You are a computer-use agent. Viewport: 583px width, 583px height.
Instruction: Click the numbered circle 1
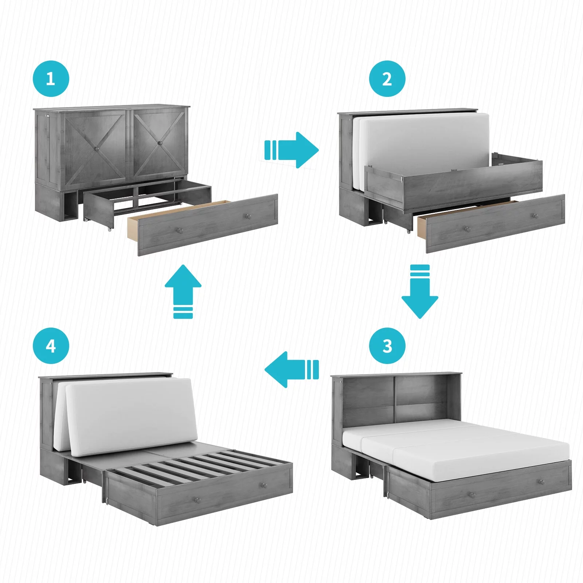tap(51, 79)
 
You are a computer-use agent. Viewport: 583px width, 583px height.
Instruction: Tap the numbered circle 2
tap(387, 79)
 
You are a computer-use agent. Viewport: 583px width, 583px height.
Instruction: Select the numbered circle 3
tap(387, 346)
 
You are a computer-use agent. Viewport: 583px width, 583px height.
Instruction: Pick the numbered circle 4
tap(51, 346)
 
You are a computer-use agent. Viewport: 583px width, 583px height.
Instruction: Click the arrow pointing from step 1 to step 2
tap(291, 150)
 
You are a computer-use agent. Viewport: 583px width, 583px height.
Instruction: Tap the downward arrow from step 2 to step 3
tap(420, 291)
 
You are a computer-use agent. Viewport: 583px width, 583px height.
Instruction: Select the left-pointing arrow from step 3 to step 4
tap(291, 369)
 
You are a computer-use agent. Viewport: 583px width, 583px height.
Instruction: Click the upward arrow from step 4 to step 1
tap(183, 291)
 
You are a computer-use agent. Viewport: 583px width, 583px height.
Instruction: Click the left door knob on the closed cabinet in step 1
tap(97, 149)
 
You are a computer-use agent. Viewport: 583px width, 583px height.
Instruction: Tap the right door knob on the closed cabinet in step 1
tap(160, 143)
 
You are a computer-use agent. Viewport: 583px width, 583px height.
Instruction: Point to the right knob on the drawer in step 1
tap(248, 216)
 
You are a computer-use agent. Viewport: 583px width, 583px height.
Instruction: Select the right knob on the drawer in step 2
tap(535, 216)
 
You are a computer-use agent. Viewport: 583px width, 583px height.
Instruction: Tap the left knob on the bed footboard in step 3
tap(472, 496)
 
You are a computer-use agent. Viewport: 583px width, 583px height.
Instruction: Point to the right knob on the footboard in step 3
tap(541, 482)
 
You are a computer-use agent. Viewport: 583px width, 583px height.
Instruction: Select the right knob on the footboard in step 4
tap(264, 485)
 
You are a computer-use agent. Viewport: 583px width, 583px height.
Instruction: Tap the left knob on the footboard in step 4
tap(197, 499)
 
